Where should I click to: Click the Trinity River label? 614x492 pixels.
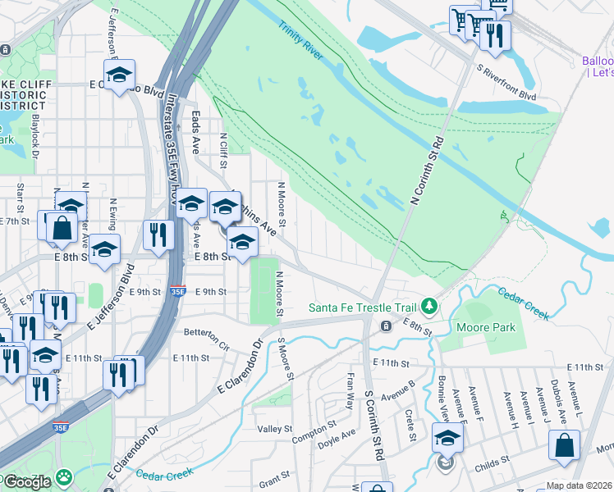[301, 39]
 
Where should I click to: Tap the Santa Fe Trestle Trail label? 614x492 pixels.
[364, 307]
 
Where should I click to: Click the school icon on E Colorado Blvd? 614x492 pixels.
[120, 75]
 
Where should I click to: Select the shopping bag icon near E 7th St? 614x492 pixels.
[62, 228]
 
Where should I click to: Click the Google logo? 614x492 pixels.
[26, 482]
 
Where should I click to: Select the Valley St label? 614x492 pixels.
[275, 429]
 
